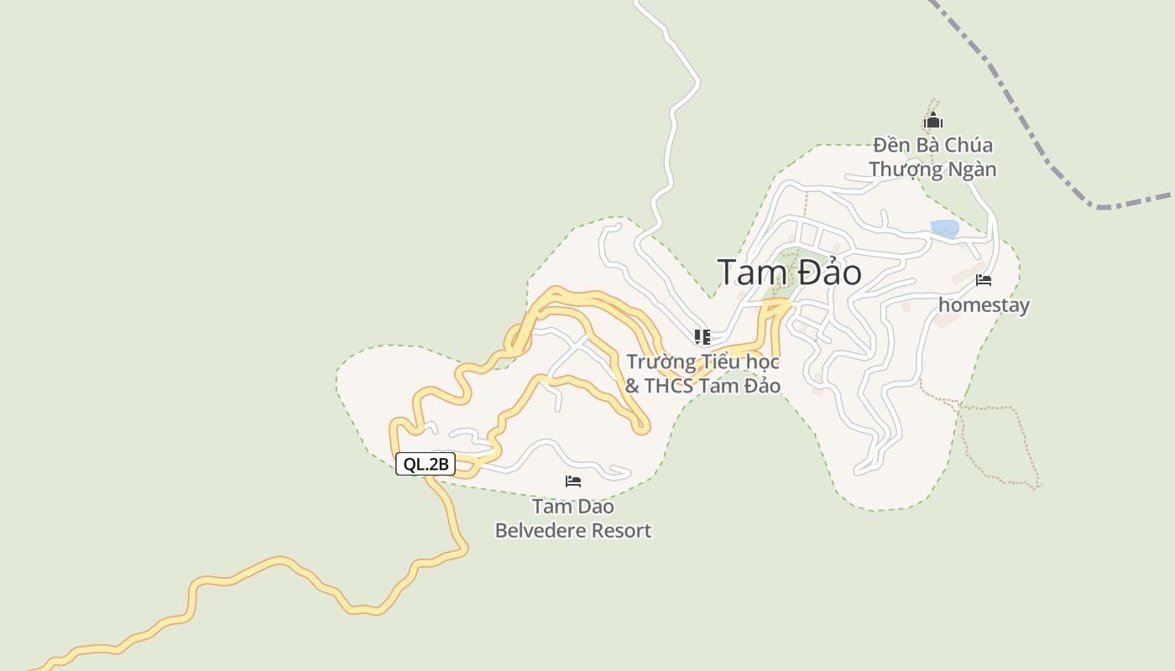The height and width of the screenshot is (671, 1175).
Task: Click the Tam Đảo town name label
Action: coord(789,273)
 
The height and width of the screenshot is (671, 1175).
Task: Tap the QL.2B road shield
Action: coord(426,464)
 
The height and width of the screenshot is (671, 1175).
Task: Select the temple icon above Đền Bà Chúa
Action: coord(932,122)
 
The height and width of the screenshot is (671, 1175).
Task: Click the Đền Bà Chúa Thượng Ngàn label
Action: coord(932,157)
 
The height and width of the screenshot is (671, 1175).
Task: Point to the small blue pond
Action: coord(945,228)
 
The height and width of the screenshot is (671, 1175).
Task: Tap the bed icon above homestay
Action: coord(984,280)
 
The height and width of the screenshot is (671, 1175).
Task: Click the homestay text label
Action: coord(984,305)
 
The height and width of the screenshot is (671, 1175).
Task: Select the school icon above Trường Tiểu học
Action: coord(702,337)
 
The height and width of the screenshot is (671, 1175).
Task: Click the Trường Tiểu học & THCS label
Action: coord(703,374)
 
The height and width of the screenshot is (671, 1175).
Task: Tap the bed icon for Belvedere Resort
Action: coord(573,481)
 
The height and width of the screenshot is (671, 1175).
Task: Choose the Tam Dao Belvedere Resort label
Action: coord(573,518)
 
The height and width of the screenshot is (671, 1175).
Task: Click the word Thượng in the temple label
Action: coord(903,169)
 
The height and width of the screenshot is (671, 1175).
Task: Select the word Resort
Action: coord(622,531)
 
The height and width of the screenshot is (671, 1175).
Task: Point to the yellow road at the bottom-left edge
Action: coord(50,662)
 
